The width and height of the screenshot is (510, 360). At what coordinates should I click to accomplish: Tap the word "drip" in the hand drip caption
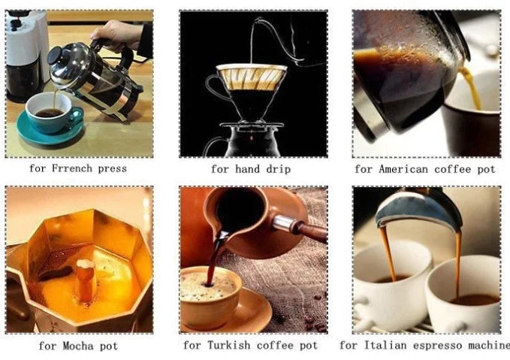click(278, 169)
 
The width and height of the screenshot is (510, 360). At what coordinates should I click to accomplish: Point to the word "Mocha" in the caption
click(78, 346)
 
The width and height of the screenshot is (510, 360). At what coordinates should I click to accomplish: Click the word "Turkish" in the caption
click(228, 345)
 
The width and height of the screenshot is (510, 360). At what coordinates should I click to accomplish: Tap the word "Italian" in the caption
click(385, 345)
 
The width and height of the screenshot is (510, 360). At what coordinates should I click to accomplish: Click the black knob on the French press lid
click(55, 56)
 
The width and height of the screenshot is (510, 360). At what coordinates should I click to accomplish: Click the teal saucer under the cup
click(50, 129)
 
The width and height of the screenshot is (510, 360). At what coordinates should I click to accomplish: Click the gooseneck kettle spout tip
click(256, 20)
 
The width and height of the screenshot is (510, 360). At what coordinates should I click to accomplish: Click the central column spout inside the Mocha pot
click(85, 280)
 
